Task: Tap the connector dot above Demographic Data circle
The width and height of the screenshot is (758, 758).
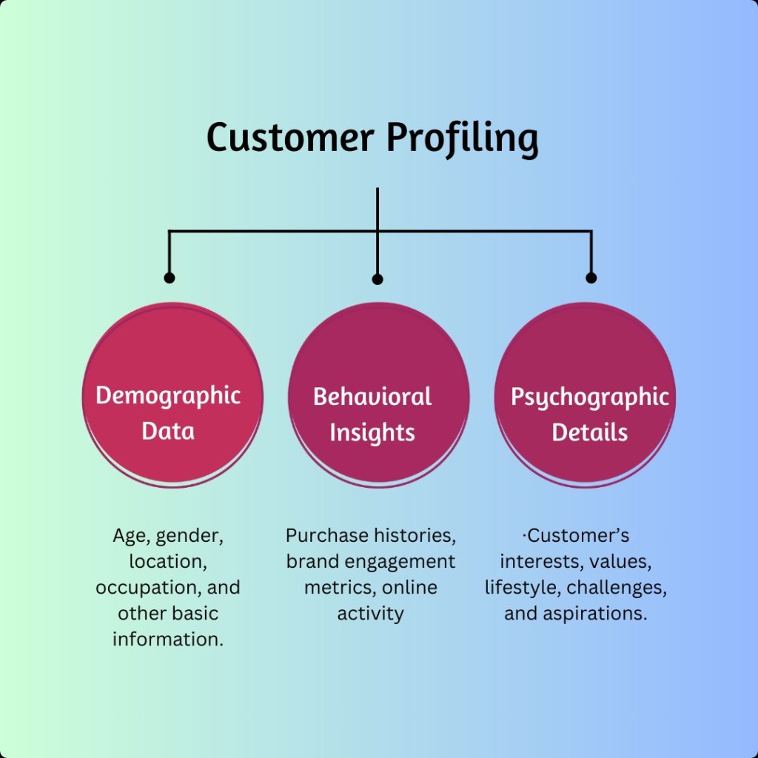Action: click(x=170, y=278)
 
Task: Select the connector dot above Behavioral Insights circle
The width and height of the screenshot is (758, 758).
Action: click(x=378, y=279)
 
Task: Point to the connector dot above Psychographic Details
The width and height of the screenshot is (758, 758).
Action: click(x=591, y=278)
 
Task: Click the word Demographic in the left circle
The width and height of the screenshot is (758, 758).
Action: click(x=168, y=396)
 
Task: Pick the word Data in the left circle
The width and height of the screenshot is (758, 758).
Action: click(x=168, y=431)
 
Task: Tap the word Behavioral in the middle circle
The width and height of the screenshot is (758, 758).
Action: click(x=372, y=397)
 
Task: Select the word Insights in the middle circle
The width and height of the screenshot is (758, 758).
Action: click(x=372, y=432)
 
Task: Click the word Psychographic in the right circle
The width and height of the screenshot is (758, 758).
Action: click(x=589, y=398)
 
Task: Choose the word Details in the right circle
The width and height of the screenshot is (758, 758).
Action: click(x=589, y=432)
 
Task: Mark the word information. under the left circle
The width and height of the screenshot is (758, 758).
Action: click(x=168, y=639)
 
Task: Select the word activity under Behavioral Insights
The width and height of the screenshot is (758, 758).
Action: click(x=370, y=613)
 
